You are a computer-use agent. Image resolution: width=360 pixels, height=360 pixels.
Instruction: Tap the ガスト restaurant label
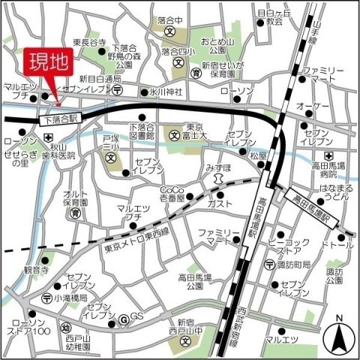tap(220, 203)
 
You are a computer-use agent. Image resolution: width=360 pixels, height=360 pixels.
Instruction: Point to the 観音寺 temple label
tap(35, 268)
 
